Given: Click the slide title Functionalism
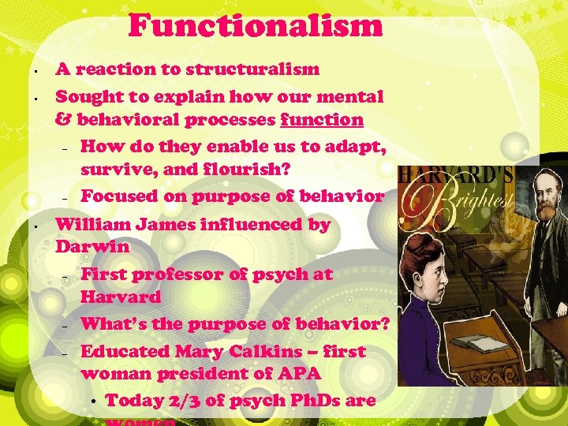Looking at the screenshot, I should tap(255, 25).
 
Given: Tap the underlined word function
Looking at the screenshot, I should tap(322, 121).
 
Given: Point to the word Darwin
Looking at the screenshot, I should tap(92, 247).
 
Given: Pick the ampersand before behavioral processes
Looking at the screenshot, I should tap(62, 121).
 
